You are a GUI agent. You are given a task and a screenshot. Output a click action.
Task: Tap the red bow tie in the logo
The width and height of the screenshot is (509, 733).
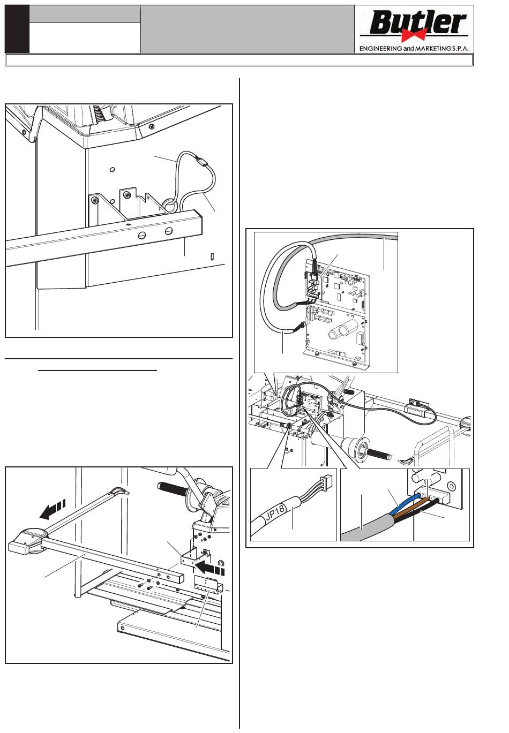(x=416, y=34)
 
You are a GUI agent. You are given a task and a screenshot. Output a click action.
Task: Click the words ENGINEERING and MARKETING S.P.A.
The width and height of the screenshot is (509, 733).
(x=414, y=48)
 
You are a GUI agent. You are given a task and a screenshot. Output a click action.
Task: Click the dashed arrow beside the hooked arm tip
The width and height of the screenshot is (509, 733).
(x=53, y=510)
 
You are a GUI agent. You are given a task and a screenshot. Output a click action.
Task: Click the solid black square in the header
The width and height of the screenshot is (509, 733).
(x=17, y=29)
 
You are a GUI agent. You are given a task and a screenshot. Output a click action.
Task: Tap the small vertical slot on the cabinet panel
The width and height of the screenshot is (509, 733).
(x=213, y=256)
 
